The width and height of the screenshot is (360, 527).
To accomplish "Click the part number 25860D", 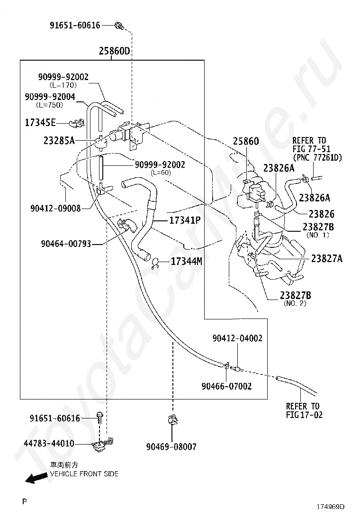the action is point(114,51).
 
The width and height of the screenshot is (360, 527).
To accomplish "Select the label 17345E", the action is point(40,123).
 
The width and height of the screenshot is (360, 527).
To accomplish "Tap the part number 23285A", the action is point(59,140).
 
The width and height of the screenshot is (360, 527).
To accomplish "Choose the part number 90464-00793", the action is point(65,245).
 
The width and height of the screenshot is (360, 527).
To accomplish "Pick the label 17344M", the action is point(186,261).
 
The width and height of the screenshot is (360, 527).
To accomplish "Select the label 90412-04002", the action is point(237,338).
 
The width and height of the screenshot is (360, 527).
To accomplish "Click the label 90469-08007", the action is point(171,446).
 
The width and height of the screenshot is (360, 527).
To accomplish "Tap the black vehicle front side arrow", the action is point(36,479).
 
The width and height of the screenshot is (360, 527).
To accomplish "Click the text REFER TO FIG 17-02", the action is point(303,410).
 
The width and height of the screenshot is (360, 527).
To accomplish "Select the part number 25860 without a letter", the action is point(246,141).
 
